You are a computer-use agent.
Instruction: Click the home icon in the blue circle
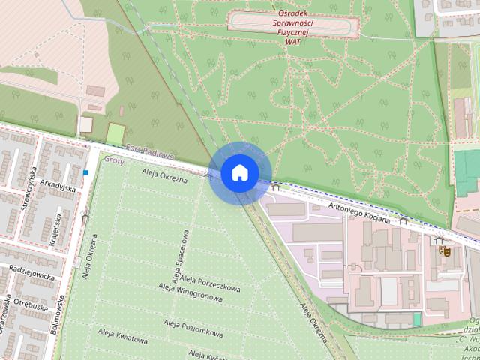pyautogui.click(x=239, y=172)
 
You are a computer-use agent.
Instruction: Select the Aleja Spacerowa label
pyautogui.click(x=179, y=257)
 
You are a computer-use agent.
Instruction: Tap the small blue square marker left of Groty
pyautogui.click(x=86, y=172)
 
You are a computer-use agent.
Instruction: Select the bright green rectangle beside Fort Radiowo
pyautogui.click(x=115, y=135)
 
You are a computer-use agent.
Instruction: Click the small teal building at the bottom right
pyautogui.click(x=417, y=319)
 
